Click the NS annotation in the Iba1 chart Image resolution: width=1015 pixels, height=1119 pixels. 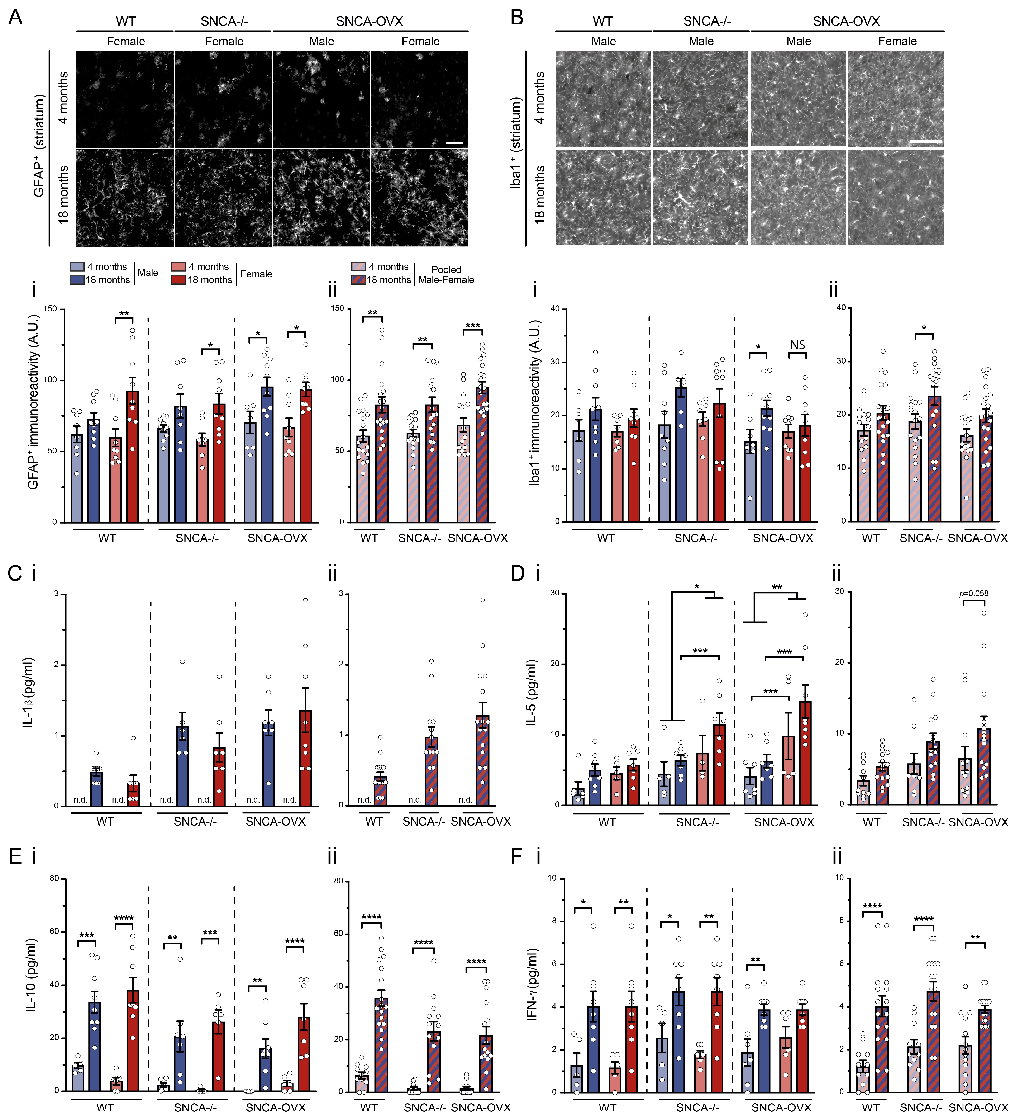[x=797, y=345]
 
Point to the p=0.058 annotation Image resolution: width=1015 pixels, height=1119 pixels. [x=974, y=593]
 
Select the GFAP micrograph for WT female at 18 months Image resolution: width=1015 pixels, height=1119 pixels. [x=125, y=198]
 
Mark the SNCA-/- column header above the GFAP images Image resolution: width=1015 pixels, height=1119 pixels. [x=224, y=21]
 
